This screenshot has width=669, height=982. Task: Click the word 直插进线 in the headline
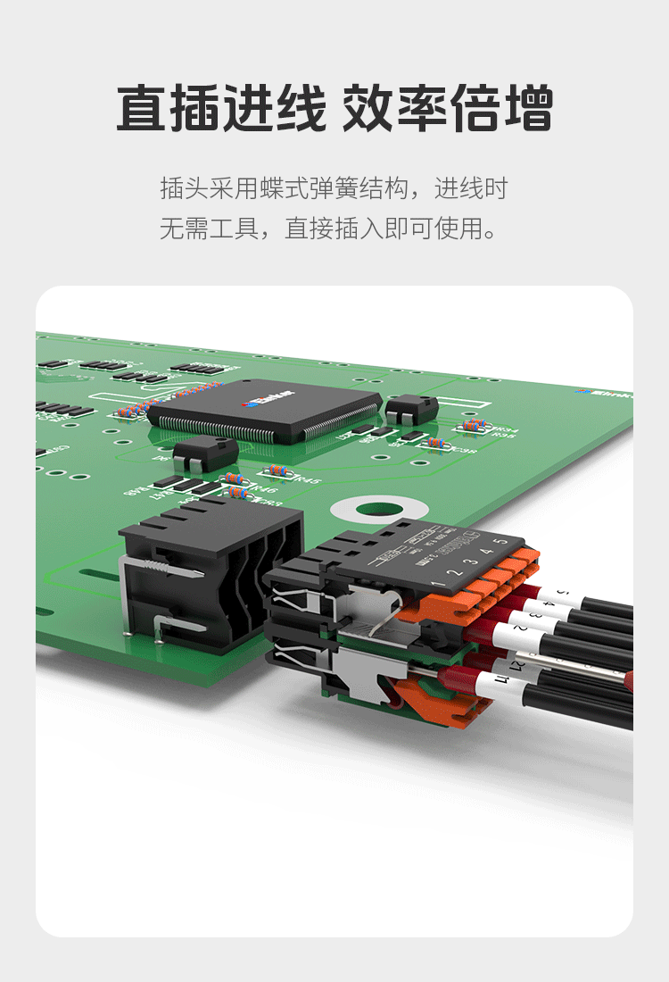221,109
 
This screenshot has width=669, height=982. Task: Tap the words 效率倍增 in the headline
448,109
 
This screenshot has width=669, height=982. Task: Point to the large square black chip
264,411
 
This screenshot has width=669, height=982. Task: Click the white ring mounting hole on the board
367,511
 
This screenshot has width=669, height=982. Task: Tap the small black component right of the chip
410,409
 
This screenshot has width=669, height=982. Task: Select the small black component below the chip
206,454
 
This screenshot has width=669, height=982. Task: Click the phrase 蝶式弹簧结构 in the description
334,188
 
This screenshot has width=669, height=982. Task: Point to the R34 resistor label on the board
507,429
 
